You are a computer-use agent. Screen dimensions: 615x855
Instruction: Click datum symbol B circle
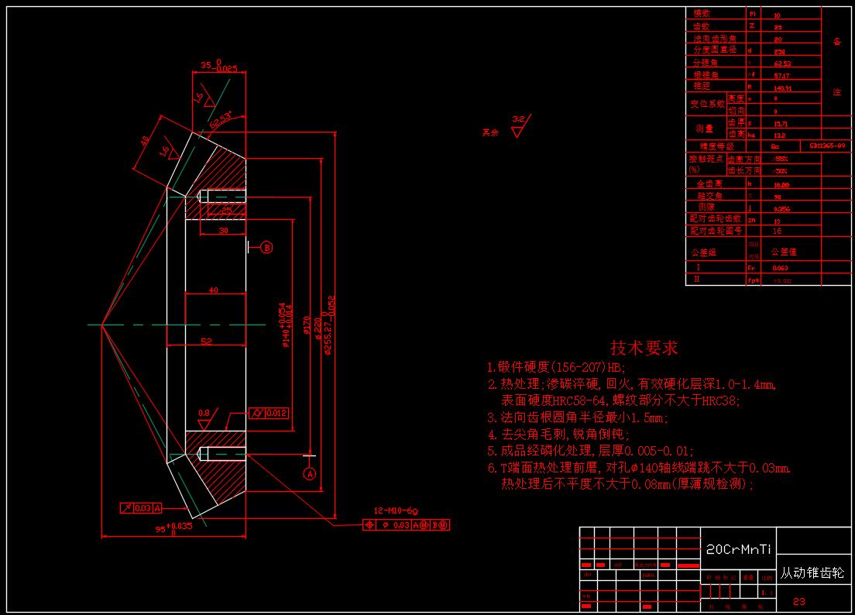266,248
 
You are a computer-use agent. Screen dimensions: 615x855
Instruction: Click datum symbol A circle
310,473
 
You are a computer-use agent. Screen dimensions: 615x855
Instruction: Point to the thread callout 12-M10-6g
396,510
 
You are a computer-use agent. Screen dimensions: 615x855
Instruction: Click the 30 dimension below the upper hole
223,230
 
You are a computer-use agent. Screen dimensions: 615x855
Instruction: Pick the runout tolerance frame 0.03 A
141,508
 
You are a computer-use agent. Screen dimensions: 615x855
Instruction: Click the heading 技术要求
644,348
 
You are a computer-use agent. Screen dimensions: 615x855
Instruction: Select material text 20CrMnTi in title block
738,550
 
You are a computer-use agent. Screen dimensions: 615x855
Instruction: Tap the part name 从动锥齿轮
812,574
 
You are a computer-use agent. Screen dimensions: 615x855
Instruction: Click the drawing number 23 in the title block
799,601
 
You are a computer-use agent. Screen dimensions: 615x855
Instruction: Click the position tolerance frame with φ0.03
407,525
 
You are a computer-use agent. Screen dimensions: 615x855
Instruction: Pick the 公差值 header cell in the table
783,252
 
